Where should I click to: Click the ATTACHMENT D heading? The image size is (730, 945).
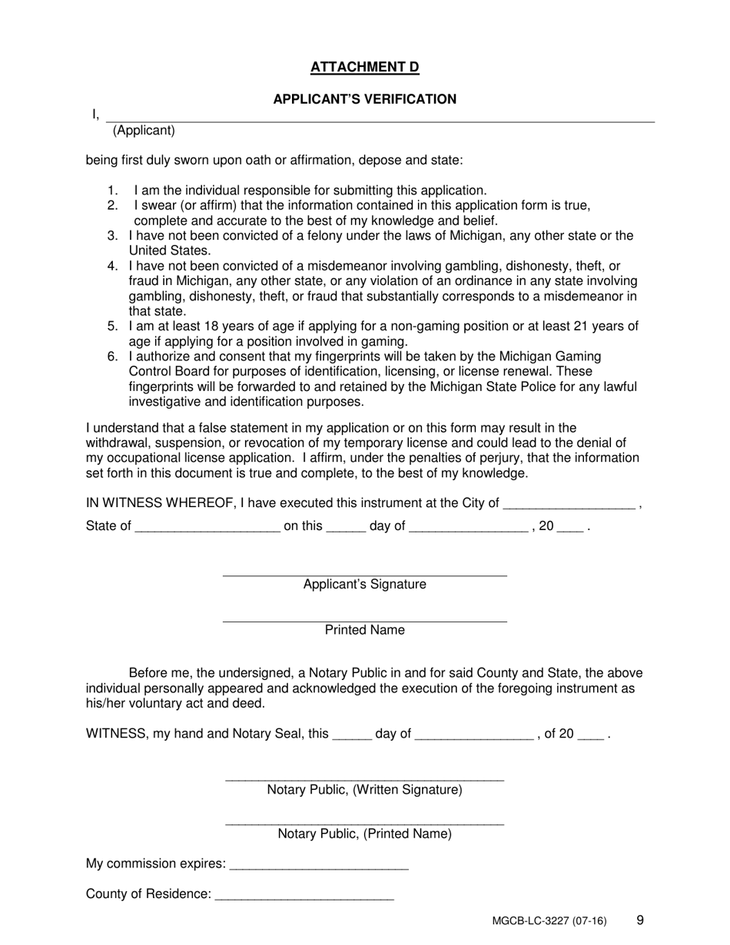(364, 68)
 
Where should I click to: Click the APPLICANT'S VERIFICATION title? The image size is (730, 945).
(364, 99)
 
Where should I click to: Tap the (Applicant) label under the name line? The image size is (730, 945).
(144, 131)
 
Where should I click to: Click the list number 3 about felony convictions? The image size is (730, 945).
(112, 236)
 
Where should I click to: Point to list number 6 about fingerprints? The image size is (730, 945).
(112, 356)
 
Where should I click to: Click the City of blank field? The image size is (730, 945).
(569, 504)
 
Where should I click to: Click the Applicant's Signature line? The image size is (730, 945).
(364, 574)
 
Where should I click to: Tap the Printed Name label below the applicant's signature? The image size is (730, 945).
(364, 630)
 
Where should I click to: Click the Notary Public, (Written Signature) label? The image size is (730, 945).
(364, 790)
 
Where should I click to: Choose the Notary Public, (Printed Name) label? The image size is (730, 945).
(364, 834)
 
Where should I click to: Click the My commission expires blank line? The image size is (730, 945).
(319, 865)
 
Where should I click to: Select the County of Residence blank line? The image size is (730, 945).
(305, 895)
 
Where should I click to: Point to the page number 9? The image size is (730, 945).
(640, 920)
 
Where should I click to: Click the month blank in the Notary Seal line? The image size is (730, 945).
(473, 735)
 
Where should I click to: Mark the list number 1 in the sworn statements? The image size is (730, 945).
(112, 191)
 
